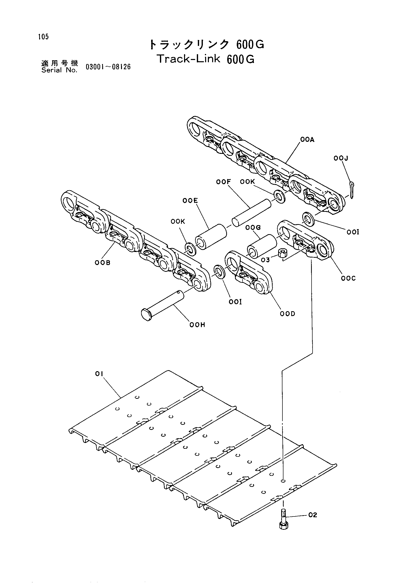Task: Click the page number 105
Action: (43, 37)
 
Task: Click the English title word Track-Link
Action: (189, 59)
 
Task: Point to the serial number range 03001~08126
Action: (108, 67)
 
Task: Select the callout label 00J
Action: (341, 158)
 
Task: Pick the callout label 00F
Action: (223, 182)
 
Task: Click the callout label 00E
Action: (190, 201)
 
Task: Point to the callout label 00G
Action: (253, 227)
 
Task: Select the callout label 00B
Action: (102, 262)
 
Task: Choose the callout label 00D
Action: (287, 313)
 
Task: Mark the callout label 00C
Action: (348, 278)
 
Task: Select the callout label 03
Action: (265, 260)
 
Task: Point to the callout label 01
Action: (99, 374)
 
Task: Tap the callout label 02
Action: (313, 515)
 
